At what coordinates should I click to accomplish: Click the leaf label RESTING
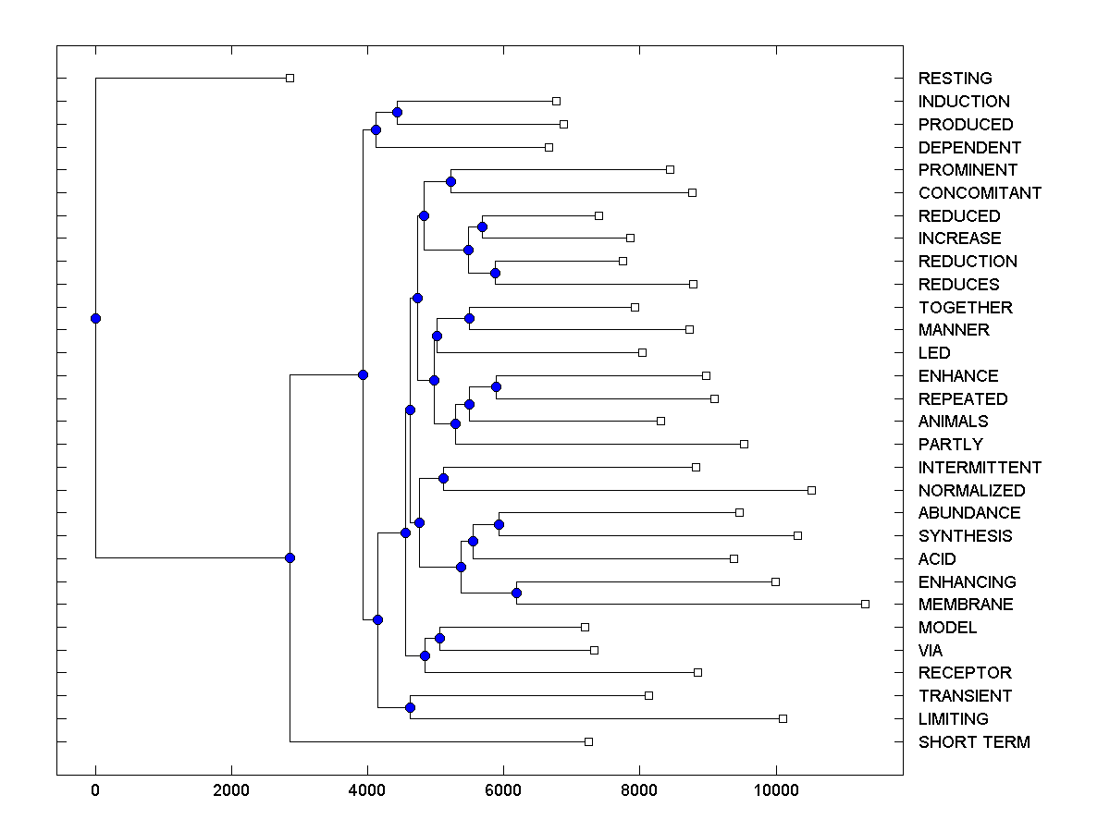click(x=955, y=79)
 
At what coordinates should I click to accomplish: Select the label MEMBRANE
click(x=966, y=605)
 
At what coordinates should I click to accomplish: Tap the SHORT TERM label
click(x=974, y=742)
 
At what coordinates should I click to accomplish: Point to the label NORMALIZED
click(x=971, y=491)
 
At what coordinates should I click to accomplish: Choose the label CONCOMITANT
click(x=980, y=193)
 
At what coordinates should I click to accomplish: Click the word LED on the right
click(x=934, y=353)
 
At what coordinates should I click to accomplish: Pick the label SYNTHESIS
click(x=965, y=536)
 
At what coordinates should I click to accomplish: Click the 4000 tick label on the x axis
click(x=368, y=792)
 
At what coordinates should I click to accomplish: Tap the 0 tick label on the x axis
click(x=95, y=792)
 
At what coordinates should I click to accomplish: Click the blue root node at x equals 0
click(x=95, y=318)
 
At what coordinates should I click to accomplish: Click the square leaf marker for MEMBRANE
click(x=865, y=604)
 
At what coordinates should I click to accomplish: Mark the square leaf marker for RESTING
click(x=290, y=78)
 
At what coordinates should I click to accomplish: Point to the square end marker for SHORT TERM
click(x=588, y=741)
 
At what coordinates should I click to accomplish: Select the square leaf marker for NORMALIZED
click(x=811, y=490)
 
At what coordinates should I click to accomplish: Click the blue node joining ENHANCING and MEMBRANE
click(x=517, y=593)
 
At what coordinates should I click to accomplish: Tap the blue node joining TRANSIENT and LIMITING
click(x=410, y=707)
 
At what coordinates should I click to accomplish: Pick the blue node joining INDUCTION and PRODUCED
click(x=397, y=112)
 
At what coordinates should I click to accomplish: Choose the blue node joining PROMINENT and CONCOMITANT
click(x=450, y=181)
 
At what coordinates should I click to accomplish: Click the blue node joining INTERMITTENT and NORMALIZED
click(x=443, y=478)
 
